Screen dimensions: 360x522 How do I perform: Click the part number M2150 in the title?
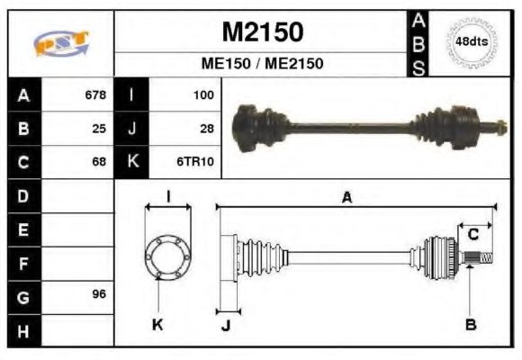click(262, 32)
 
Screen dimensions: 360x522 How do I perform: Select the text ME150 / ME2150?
click(262, 64)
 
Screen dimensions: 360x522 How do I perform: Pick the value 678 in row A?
click(94, 94)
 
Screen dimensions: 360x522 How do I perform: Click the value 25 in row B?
click(99, 129)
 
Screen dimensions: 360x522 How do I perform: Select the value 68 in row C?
click(99, 163)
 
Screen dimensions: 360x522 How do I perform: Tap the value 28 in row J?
click(206, 129)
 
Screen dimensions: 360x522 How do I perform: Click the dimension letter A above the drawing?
click(346, 197)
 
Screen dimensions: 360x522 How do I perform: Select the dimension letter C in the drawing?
click(472, 235)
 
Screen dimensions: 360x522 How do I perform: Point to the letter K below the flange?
click(157, 325)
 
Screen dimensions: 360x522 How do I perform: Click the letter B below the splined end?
click(470, 325)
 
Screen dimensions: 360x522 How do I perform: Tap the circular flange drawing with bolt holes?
click(168, 256)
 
